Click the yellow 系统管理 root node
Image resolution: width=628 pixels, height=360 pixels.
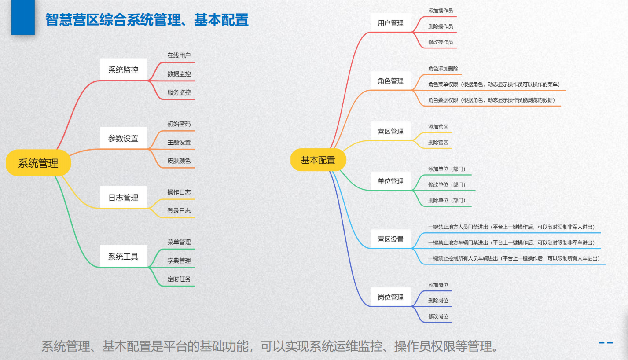pos(38,163)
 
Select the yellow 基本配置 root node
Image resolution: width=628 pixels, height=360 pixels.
pos(318,160)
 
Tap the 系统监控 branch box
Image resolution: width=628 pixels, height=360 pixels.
pos(123,70)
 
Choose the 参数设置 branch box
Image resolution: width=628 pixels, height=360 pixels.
pos(123,138)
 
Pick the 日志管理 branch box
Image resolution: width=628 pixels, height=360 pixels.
pos(123,197)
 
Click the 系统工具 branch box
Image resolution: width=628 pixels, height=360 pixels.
pos(123,256)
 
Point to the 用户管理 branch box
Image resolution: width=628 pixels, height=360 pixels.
pos(390,23)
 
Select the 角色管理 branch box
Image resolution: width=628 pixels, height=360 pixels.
pos(390,81)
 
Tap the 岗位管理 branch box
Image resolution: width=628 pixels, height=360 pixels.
pos(390,297)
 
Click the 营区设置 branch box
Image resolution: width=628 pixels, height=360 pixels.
pos(390,239)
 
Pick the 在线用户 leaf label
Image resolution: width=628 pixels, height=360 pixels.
pos(179,55)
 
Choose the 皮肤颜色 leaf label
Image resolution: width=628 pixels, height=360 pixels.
pos(179,161)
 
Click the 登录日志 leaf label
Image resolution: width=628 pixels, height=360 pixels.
pos(179,210)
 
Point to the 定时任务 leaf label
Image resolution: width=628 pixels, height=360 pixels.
pos(179,279)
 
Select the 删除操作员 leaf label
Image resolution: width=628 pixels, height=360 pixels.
pos(441,26)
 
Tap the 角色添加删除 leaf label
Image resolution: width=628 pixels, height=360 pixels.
pos(443,69)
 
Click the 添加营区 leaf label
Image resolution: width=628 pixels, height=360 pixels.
pos(438,127)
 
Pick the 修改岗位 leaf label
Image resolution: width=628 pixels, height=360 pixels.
pos(438,316)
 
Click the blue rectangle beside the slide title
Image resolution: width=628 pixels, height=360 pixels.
pos(23,17)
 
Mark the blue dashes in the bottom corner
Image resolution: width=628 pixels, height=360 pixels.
pos(606,343)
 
